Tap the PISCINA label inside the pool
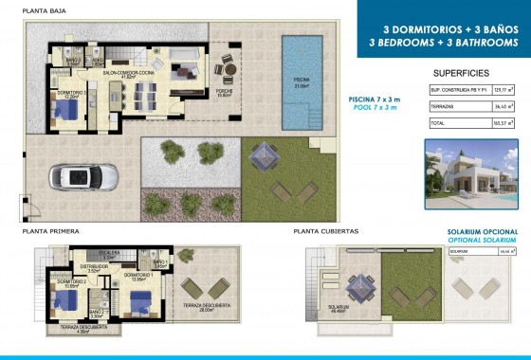pyautogui.click(x=301, y=83)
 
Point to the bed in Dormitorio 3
pyautogui.click(x=65, y=110)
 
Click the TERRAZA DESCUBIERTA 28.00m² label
pyautogui.click(x=200, y=319)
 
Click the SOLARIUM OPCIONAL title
pyautogui.click(x=484, y=230)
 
